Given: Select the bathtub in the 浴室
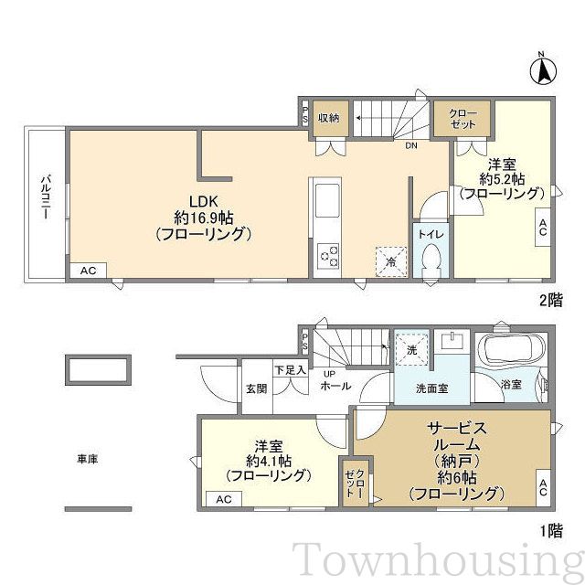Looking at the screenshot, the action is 511,350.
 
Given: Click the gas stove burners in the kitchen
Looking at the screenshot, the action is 328,256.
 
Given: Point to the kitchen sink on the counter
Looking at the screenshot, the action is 327,201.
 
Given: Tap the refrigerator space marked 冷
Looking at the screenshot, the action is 391,261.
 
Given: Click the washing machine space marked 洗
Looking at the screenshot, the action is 411,349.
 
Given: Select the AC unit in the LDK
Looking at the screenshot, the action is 89,271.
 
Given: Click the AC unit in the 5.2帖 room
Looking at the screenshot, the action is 543,227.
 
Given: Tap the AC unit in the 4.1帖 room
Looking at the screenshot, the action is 224,499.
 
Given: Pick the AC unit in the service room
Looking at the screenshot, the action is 543,488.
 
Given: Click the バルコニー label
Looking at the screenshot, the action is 46,197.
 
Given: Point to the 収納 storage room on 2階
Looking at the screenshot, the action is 329,118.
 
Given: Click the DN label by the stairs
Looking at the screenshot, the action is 411,145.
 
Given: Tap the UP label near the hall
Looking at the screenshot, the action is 329,374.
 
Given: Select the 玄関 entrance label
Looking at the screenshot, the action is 257,388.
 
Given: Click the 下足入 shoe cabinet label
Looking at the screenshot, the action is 291,370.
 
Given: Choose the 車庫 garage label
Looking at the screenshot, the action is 88,459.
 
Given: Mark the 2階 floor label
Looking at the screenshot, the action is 551,300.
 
